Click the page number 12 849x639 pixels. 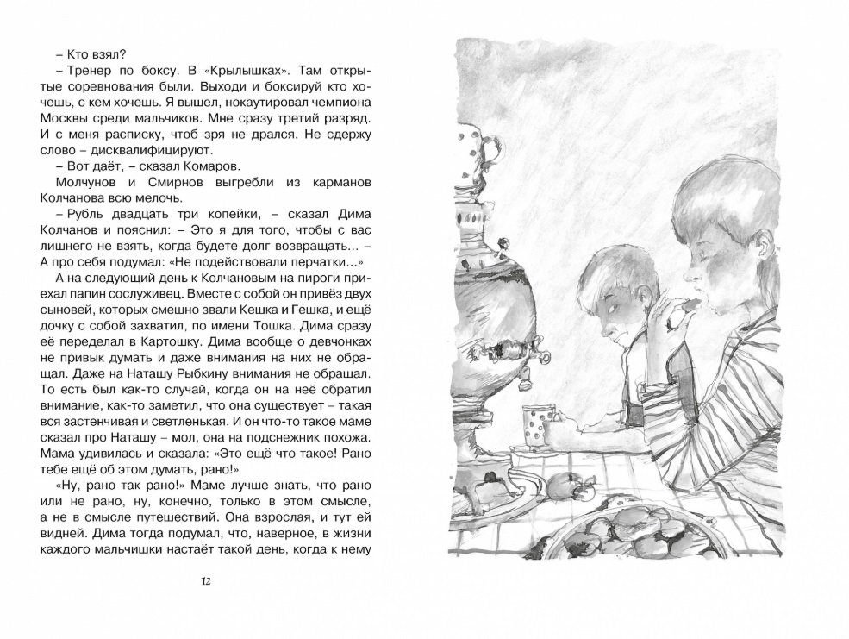(x=204, y=580)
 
